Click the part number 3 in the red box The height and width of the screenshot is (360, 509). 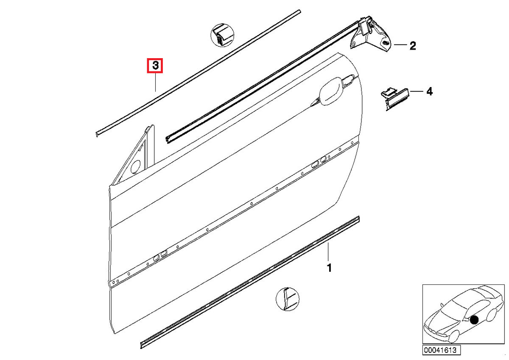[155, 66]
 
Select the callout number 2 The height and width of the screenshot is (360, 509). [412, 45]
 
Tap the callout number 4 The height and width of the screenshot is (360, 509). [429, 91]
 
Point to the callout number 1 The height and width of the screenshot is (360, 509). [329, 268]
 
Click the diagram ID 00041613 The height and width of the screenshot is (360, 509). [439, 351]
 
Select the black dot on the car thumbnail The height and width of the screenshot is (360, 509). [474, 320]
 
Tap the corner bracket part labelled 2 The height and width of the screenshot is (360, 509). [373, 36]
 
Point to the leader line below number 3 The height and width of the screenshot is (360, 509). [155, 82]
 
